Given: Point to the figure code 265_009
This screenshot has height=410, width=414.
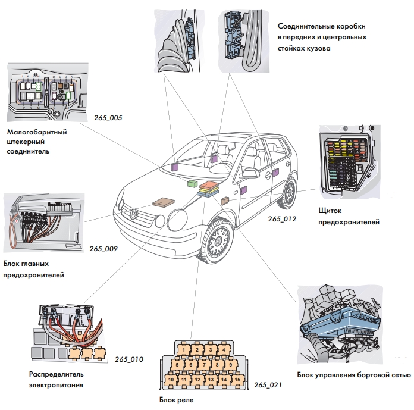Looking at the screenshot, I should point(103,249).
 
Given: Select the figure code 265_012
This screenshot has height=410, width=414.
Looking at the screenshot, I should point(281,219).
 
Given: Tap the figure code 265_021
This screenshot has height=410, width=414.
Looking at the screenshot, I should point(268,386).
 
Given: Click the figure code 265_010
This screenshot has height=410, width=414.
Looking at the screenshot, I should point(129,359).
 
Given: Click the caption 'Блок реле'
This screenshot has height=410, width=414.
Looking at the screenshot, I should point(177,400).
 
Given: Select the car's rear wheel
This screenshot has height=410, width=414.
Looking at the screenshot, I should point(290,193).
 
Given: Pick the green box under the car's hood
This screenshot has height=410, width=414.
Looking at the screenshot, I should point(193,183).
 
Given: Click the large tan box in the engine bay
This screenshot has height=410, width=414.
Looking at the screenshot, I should point(164,202).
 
